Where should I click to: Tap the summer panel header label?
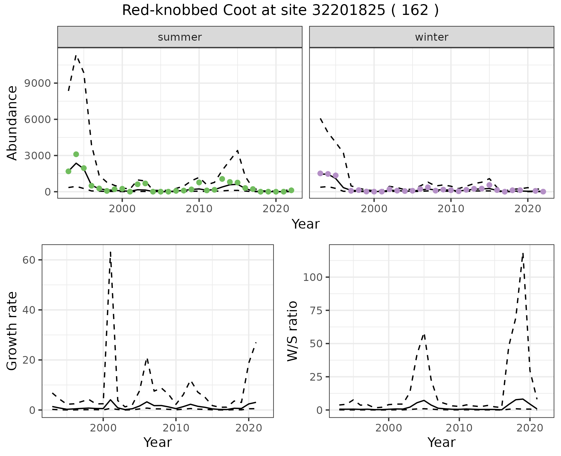180,37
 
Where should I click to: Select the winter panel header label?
432,37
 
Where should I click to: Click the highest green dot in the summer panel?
76,154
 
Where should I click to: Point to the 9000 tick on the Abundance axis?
38,83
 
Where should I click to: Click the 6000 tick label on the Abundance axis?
38,120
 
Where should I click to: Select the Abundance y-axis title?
12,123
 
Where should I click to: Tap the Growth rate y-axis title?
12,331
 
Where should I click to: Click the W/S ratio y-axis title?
292,331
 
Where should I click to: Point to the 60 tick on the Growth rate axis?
29,260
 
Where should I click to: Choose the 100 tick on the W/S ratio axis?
312,277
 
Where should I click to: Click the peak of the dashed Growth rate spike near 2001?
110,252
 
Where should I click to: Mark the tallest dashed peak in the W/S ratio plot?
523,253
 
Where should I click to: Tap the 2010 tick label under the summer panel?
199,209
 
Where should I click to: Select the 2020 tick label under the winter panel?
528,209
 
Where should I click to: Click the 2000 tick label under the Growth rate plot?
103,428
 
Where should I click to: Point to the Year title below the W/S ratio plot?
441,442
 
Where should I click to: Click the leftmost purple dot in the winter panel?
320,173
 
